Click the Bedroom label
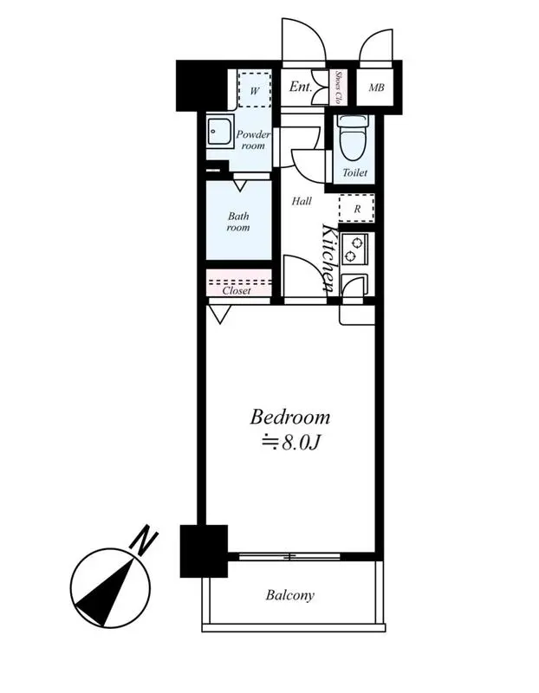[x=290, y=418]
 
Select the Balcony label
[x=290, y=595]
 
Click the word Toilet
[x=354, y=172]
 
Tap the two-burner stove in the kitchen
[x=354, y=249]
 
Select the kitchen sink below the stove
[x=354, y=285]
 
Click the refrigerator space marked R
[x=357, y=208]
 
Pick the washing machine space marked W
[x=254, y=88]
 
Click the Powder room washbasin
[x=219, y=133]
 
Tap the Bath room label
[x=238, y=222]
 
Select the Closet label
[x=237, y=291]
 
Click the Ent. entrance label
[x=301, y=87]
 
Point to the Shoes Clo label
[x=338, y=87]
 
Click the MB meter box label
[x=376, y=87]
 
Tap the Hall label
[x=302, y=201]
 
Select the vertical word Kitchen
[x=330, y=258]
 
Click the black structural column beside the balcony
[x=204, y=551]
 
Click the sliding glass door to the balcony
[x=289, y=556]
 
